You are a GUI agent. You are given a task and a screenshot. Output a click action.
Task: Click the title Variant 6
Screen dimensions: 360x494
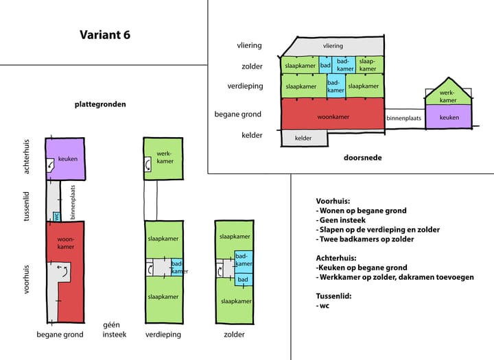(104, 35)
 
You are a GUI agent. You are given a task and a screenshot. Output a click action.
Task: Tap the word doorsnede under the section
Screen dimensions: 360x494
(362, 158)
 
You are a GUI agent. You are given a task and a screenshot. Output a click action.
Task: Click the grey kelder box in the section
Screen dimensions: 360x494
(303, 138)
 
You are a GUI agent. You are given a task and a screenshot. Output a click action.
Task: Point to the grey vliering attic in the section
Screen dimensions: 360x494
(333, 46)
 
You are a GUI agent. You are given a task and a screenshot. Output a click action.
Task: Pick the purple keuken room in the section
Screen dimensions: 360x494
(449, 117)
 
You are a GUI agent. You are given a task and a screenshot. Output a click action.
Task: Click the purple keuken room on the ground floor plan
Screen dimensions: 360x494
(65, 158)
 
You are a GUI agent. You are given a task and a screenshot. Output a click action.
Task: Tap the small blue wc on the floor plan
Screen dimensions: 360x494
(56, 217)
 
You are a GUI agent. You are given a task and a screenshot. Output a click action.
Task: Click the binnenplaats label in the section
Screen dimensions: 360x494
(403, 119)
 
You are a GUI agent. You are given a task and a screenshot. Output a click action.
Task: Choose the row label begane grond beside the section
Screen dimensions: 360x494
(237, 115)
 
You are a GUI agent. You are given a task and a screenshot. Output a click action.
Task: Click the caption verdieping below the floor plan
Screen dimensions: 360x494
(164, 335)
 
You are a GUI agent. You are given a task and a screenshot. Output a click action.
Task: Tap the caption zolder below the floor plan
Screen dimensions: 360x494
(235, 335)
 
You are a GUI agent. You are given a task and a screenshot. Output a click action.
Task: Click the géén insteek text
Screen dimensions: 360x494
(115, 330)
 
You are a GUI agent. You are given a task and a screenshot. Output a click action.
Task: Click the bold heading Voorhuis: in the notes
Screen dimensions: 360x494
(333, 201)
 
